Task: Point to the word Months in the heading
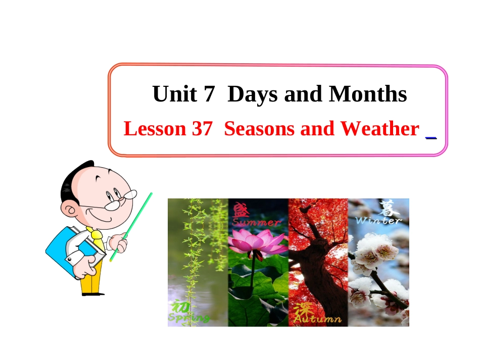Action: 368,94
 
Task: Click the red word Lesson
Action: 155,129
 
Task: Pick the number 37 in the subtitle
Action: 203,129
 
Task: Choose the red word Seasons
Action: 259,129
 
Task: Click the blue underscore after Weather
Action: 431,136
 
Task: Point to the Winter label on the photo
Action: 378,220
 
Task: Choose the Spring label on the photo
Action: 188,318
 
